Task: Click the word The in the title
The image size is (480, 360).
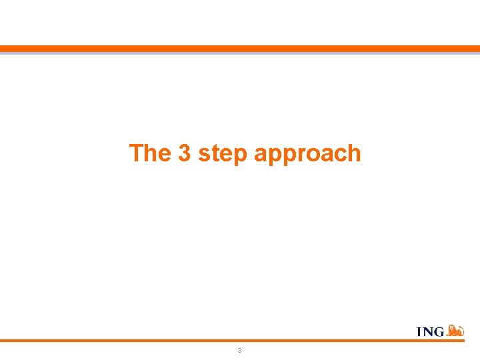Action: pos(151,153)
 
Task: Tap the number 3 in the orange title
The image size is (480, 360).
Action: pos(185,153)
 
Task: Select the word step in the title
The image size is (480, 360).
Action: pos(223,155)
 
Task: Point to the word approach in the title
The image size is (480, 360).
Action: pos(307,155)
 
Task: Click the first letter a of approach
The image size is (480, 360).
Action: pos(261,155)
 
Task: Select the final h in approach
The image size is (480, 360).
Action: pos(354,153)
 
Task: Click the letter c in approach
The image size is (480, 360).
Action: pos(339,155)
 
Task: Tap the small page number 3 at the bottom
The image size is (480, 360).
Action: pos(239,350)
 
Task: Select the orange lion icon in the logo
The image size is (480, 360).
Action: pos(455,330)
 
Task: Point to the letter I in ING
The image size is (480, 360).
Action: pos(419,332)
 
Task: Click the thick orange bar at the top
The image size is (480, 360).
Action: pos(240,49)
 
